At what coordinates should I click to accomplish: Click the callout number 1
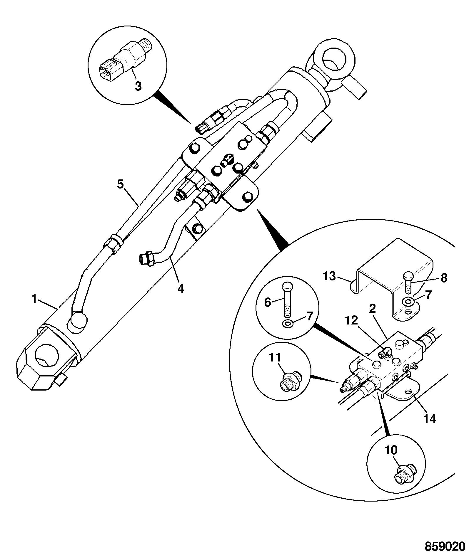(x=34, y=300)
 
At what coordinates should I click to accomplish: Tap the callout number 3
(x=138, y=86)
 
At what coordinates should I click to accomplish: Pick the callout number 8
(x=444, y=278)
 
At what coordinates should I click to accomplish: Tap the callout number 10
(x=391, y=450)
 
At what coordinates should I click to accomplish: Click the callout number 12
(x=352, y=320)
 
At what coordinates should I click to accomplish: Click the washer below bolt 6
(x=287, y=324)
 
